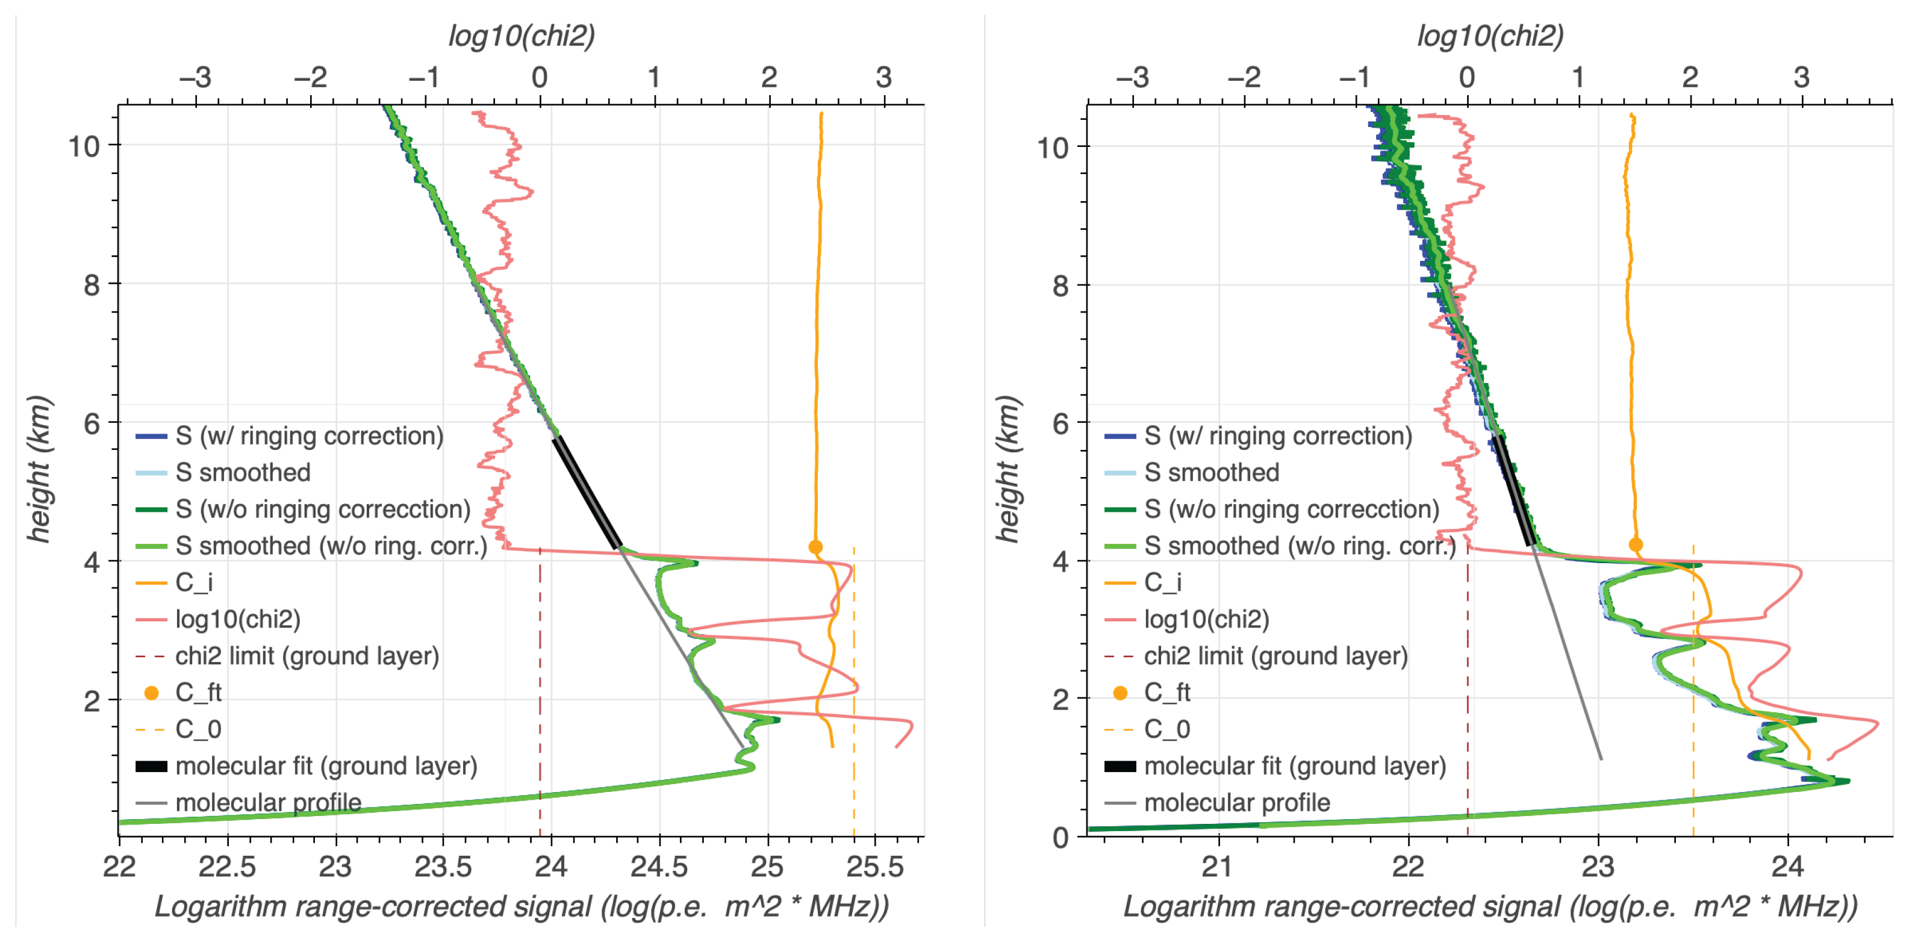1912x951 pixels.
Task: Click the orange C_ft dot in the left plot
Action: tap(815, 547)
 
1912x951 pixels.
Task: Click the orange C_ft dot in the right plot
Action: tap(1635, 544)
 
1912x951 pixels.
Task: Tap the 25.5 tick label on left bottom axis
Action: tap(875, 866)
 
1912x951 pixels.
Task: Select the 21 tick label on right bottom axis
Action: tap(1218, 866)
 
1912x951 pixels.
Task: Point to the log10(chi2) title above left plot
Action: tap(521, 35)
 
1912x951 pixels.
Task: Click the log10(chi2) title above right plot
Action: tap(1490, 35)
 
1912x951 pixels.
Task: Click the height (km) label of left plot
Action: tap(39, 469)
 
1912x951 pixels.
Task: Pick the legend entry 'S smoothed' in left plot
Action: tap(243, 472)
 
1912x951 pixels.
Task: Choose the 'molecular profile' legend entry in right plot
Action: tap(1236, 802)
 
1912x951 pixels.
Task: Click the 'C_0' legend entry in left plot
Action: tap(198, 729)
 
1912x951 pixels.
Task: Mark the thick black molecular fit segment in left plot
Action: tap(587, 492)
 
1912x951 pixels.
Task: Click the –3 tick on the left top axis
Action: tap(195, 77)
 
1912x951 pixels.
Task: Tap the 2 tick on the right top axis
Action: tap(1689, 77)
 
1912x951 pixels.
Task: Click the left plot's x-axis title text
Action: tap(521, 906)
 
